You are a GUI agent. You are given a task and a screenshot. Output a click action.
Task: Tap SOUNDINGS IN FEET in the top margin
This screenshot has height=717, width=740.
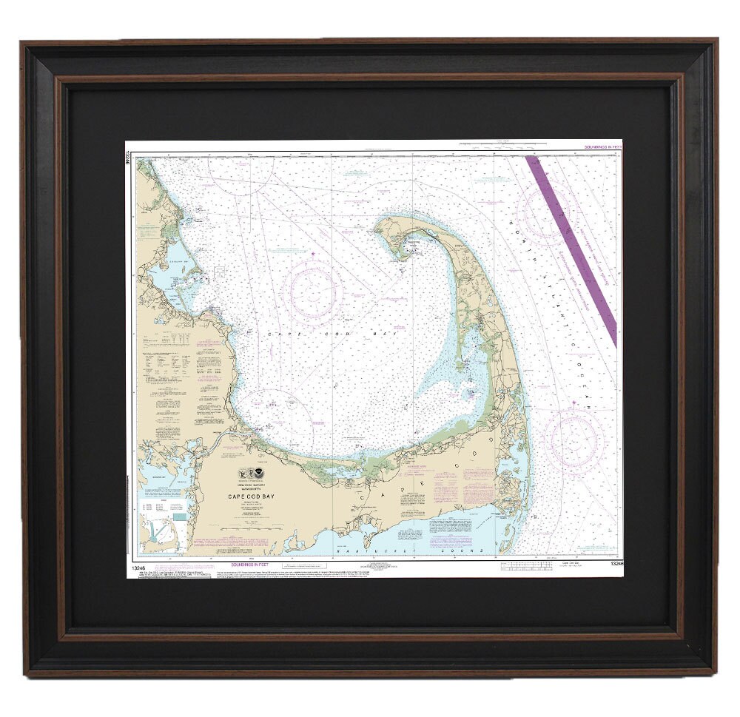(602, 148)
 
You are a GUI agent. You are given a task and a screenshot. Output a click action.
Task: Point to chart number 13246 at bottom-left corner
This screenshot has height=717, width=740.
(138, 568)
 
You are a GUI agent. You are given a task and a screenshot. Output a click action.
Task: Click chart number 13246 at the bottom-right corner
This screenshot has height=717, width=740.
(615, 564)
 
